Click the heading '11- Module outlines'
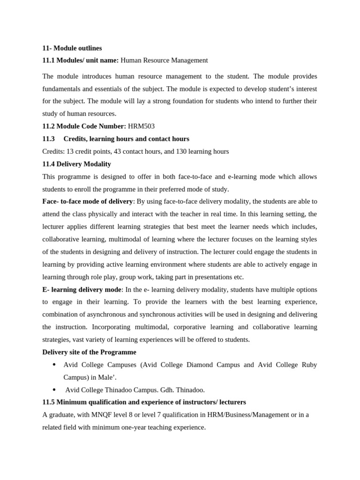point(72,48)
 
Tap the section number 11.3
point(48,139)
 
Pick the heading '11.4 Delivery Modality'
point(76,164)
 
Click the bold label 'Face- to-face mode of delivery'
point(88,202)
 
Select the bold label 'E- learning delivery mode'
point(82,290)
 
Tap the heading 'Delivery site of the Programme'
point(89,352)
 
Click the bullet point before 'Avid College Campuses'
point(54,365)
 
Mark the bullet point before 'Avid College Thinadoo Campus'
point(54,390)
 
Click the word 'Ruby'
point(309,365)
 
